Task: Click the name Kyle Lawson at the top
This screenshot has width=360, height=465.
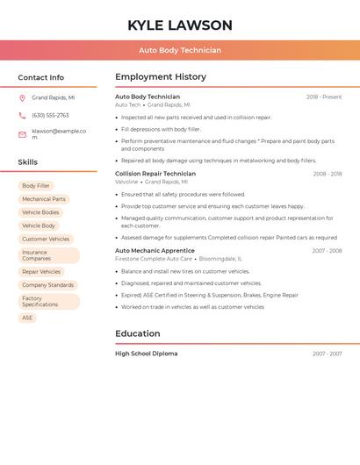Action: (x=180, y=25)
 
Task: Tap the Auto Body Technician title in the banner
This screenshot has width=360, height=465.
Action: (x=180, y=51)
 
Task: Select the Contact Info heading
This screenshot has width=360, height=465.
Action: (x=41, y=77)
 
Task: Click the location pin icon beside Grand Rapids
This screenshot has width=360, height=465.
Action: (x=22, y=98)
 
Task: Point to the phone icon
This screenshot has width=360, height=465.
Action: (x=22, y=115)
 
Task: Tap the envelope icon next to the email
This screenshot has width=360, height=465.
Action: (x=22, y=134)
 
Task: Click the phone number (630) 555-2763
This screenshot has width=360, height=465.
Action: (x=50, y=115)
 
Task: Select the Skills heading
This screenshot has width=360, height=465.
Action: (x=28, y=162)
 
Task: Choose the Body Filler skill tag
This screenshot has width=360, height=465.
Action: (x=36, y=186)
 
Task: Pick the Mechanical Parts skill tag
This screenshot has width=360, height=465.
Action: (x=44, y=199)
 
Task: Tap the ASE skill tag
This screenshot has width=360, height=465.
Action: (x=27, y=318)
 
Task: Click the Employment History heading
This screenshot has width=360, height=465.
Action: (x=161, y=77)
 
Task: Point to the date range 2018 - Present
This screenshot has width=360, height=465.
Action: (x=324, y=97)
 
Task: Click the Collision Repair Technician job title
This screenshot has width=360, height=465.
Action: (x=155, y=174)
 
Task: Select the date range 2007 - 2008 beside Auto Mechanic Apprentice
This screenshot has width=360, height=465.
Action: (x=327, y=251)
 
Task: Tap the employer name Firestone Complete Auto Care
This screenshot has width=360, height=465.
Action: (x=154, y=259)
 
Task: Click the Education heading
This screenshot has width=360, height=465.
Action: (x=138, y=333)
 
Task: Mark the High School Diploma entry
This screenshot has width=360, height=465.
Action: (x=147, y=354)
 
